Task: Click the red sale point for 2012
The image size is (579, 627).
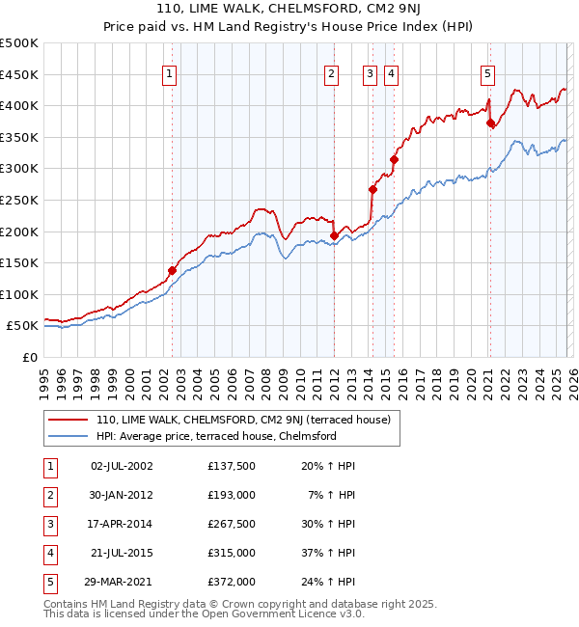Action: (x=335, y=235)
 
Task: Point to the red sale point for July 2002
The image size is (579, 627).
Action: (x=173, y=271)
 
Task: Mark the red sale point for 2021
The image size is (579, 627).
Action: (x=490, y=123)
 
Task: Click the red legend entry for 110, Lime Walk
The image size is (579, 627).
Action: (x=242, y=420)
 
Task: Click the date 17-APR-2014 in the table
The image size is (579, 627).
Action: (x=122, y=524)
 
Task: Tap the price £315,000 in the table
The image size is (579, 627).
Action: (x=232, y=553)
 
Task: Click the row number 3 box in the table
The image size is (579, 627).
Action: (x=49, y=524)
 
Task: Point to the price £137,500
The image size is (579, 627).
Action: (x=232, y=466)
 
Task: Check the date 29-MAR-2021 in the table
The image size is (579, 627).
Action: (x=122, y=582)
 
